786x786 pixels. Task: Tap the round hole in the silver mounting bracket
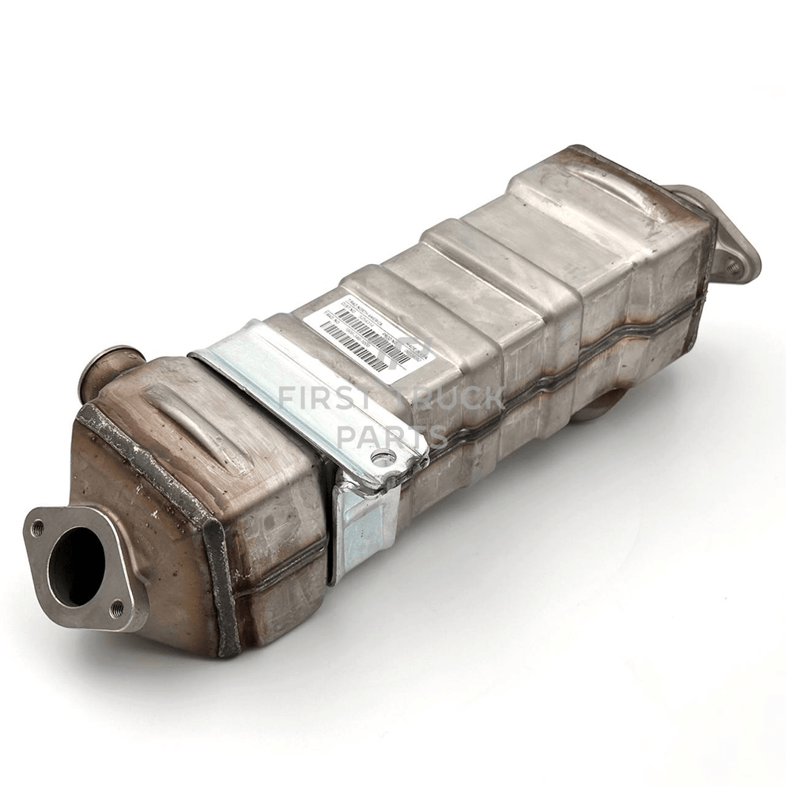383,457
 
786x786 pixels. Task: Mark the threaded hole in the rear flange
733,266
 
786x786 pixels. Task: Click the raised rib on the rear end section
601,190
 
